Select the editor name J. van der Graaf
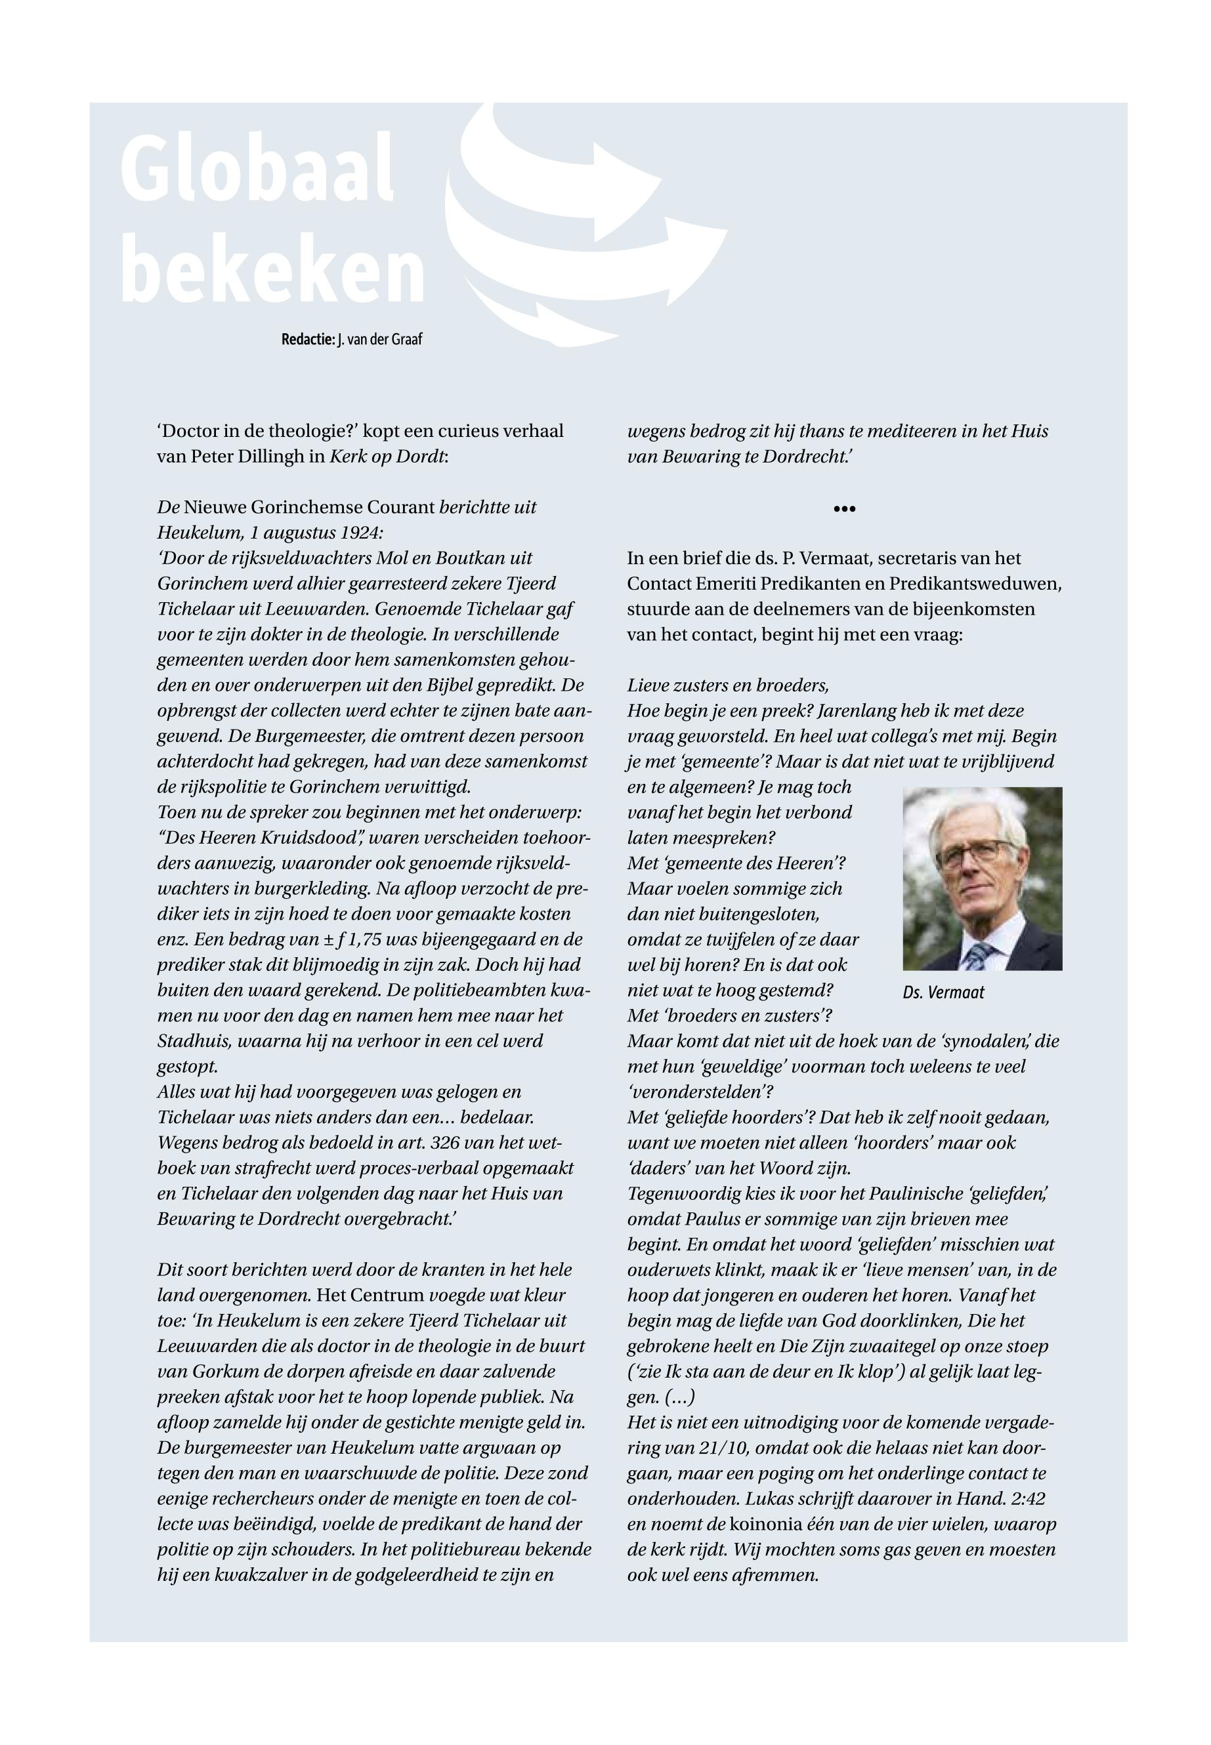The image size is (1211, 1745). [379, 340]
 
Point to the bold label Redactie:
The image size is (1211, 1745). [307, 340]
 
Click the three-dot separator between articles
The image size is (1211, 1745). [843, 509]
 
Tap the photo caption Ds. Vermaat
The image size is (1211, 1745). [943, 992]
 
